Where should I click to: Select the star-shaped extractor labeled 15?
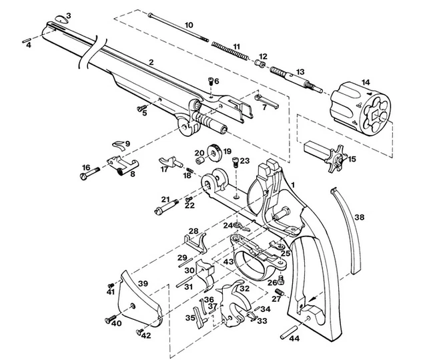[338, 160]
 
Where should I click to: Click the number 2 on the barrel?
[151, 62]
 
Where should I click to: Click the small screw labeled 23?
[236, 160]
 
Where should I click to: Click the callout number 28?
[193, 231]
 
